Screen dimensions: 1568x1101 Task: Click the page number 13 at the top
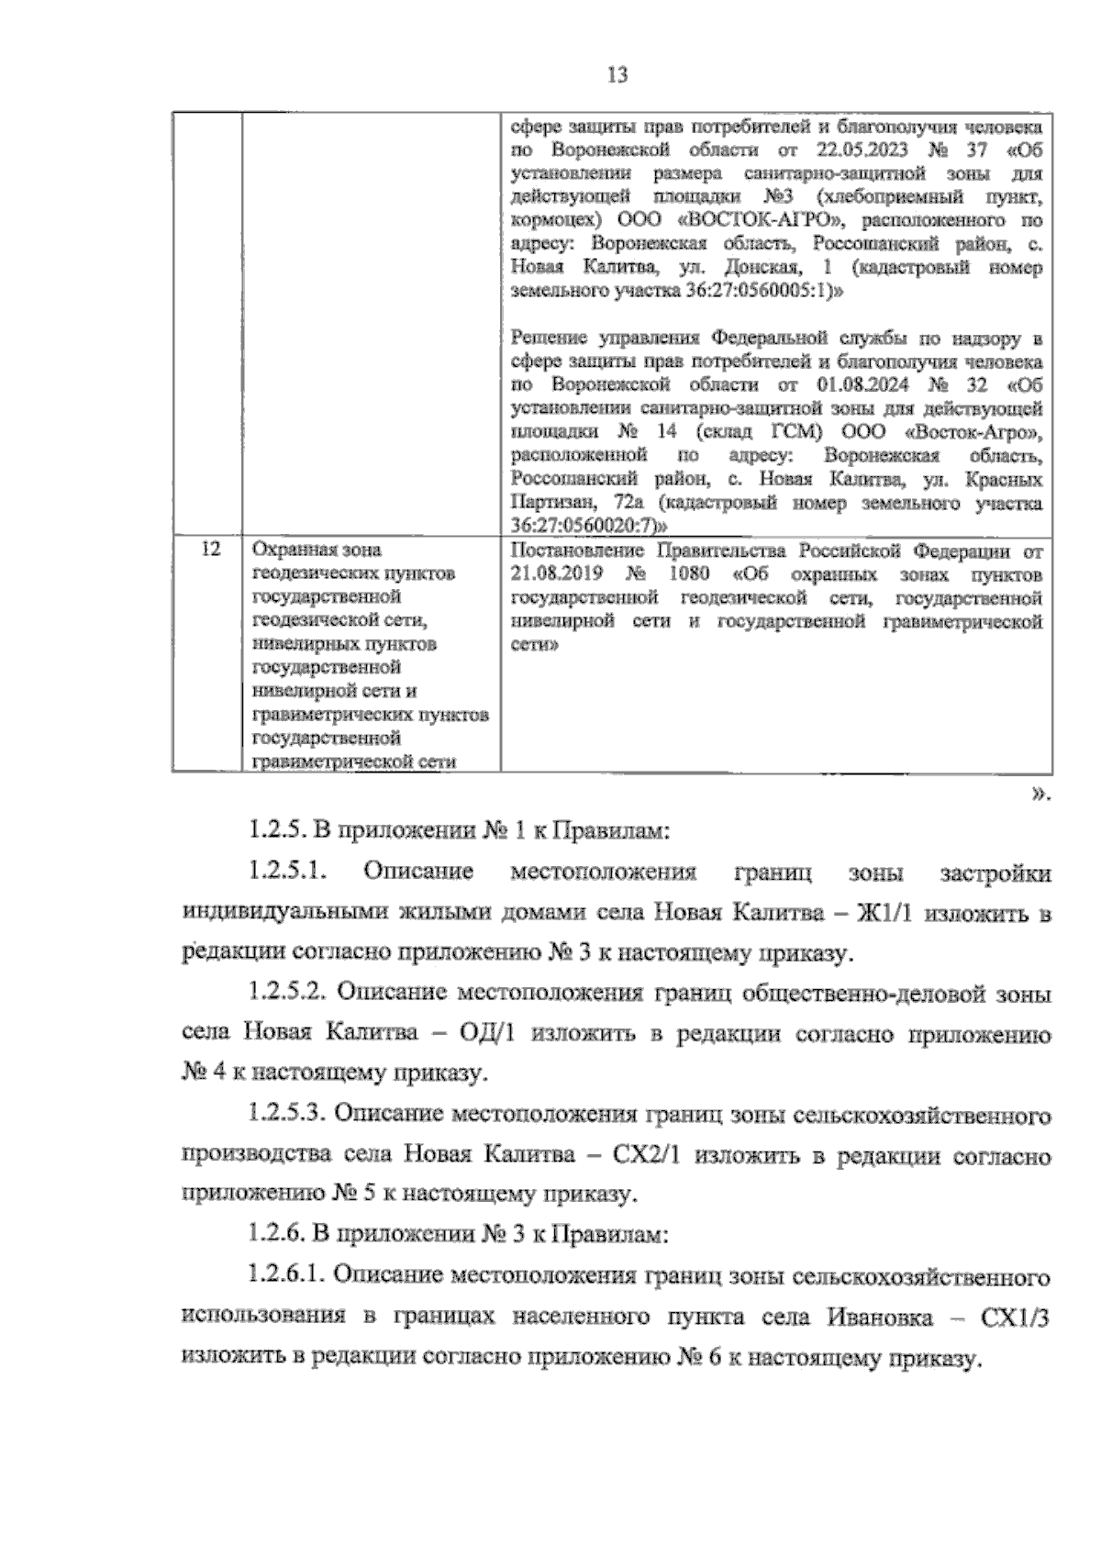(x=617, y=75)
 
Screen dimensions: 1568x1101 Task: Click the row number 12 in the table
(x=209, y=550)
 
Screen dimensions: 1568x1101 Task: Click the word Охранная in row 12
(x=292, y=550)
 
